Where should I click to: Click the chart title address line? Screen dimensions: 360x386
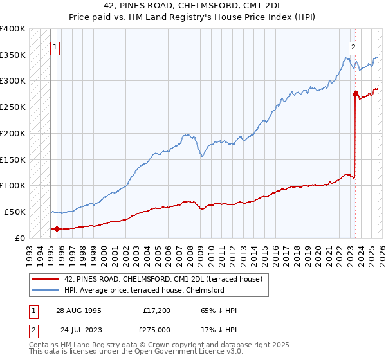pyautogui.click(x=193, y=6)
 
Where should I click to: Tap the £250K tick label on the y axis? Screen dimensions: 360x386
pyautogui.click(x=13, y=107)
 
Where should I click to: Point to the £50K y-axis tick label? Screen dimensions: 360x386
pyautogui.click(x=15, y=212)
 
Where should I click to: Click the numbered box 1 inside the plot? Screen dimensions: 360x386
pyautogui.click(x=55, y=47)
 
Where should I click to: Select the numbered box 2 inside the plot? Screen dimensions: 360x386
pyautogui.click(x=354, y=47)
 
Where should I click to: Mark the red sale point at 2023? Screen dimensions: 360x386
pyautogui.click(x=354, y=94)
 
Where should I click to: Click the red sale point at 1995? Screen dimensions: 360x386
pyautogui.click(x=57, y=228)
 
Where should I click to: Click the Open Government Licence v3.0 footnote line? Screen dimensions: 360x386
pyautogui.click(x=136, y=352)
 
